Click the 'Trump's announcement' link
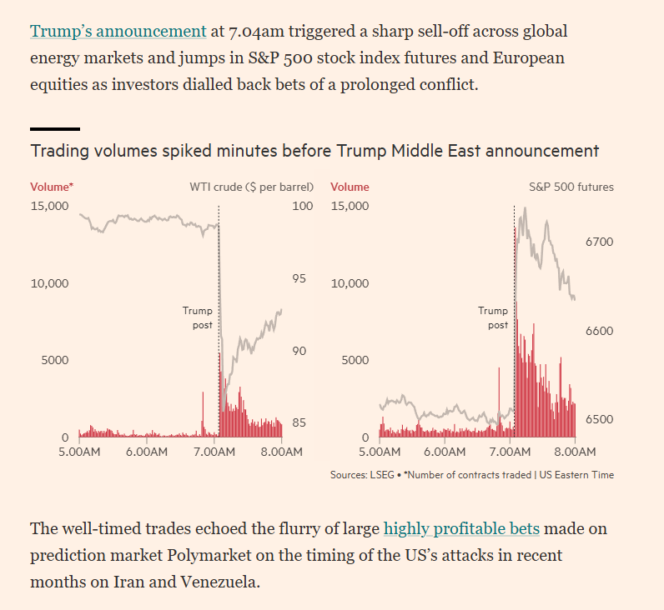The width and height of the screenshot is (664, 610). tap(118, 32)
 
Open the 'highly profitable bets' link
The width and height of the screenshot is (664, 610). tap(461, 528)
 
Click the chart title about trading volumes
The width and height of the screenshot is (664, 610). tap(314, 151)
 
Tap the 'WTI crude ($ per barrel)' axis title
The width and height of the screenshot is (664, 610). tap(251, 187)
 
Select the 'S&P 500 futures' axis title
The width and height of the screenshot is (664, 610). tap(571, 187)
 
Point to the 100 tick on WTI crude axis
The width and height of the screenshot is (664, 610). tap(303, 206)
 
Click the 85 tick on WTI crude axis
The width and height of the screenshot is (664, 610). tap(299, 422)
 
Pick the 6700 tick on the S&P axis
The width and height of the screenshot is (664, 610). tap(599, 242)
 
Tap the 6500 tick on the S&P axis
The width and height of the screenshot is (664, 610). tap(599, 419)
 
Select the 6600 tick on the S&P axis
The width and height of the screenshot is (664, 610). tap(599, 331)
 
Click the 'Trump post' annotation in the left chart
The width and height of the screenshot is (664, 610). tap(198, 317)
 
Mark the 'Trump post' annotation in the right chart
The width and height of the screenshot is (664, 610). tap(493, 317)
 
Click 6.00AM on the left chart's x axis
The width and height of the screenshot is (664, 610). tap(148, 452)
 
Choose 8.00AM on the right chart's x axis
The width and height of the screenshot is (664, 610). tap(575, 452)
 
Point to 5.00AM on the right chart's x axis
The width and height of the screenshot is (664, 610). tap(380, 452)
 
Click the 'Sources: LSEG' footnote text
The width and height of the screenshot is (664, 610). tap(364, 475)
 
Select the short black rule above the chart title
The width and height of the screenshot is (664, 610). tap(55, 129)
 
